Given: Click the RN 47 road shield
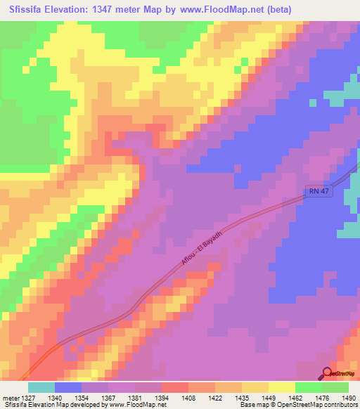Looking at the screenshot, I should point(318,190).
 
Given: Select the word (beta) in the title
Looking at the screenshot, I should point(292,8).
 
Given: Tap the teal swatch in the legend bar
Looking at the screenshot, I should point(41,387).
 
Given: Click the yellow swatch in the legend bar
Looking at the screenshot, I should point(281,387).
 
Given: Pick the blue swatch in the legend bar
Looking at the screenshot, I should point(67,387).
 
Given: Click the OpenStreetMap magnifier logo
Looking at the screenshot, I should point(328,374).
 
